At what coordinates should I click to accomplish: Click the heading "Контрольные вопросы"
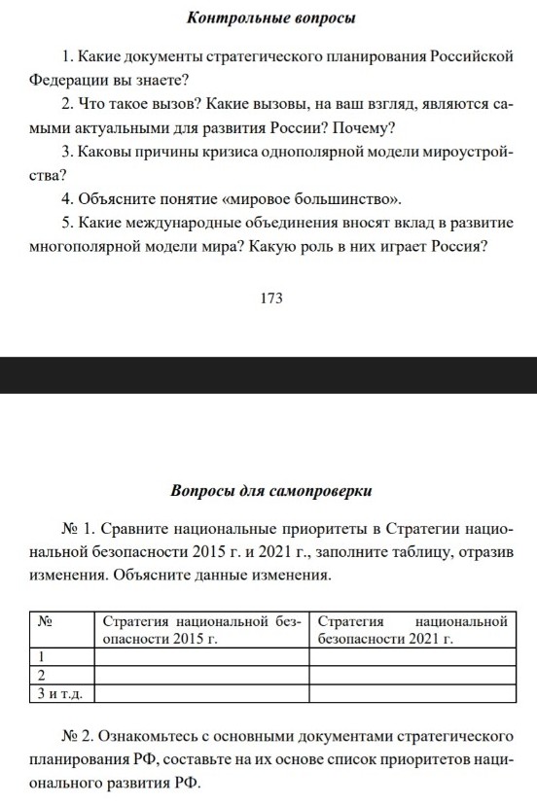pos(269,18)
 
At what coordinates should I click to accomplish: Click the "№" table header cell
pos(44,620)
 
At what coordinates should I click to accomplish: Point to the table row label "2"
pos(42,675)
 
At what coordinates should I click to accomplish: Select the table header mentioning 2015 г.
pos(201,630)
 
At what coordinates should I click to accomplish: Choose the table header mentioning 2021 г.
pos(412,630)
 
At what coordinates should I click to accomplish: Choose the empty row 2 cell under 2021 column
pos(412,675)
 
